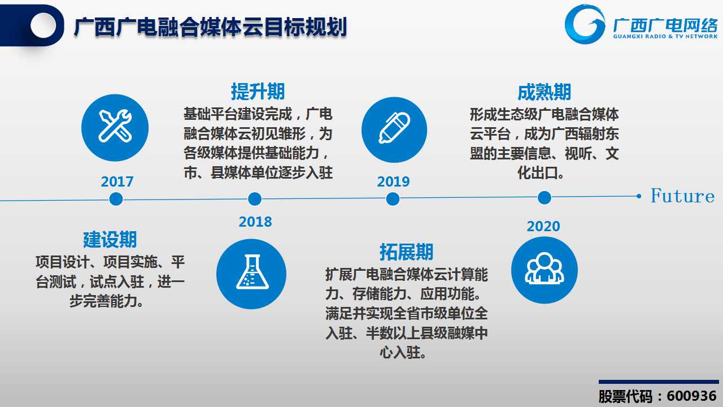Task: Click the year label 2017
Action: click(x=117, y=181)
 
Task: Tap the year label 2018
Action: click(x=255, y=222)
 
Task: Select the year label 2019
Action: click(x=393, y=181)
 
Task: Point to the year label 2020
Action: click(x=543, y=227)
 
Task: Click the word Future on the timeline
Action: click(x=682, y=196)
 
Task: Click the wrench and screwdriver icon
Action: click(x=115, y=128)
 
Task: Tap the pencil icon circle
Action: click(x=394, y=130)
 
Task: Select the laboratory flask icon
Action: click(x=251, y=274)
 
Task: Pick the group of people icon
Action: click(x=545, y=270)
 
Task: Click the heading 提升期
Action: click(x=258, y=92)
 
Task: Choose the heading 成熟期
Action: click(x=544, y=92)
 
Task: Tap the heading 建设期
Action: click(x=110, y=239)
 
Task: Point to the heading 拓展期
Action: click(x=406, y=252)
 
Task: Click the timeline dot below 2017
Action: click(x=116, y=199)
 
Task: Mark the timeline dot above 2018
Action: click(x=255, y=199)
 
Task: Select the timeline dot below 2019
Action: click(x=393, y=199)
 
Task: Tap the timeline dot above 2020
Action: click(x=545, y=198)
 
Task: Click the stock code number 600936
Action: click(x=692, y=396)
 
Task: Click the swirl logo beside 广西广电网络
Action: click(x=585, y=24)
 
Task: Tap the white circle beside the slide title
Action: click(x=43, y=25)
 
